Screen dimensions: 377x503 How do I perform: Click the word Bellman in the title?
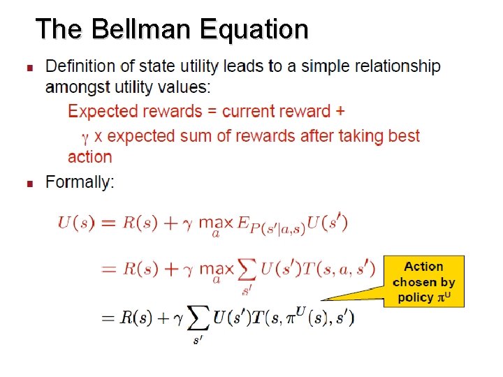tap(140, 30)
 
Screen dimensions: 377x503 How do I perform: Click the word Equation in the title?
tap(253, 30)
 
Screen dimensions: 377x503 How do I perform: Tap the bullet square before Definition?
tap(29, 68)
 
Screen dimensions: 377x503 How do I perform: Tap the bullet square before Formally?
tap(29, 184)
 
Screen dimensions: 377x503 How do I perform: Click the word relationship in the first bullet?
tap(398, 67)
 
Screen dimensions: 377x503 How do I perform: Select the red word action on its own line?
tap(89, 156)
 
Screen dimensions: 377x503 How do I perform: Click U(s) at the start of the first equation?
tap(75, 224)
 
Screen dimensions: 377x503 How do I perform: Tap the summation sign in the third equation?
tap(199, 320)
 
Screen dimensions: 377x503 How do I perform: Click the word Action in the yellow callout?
tap(423, 267)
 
